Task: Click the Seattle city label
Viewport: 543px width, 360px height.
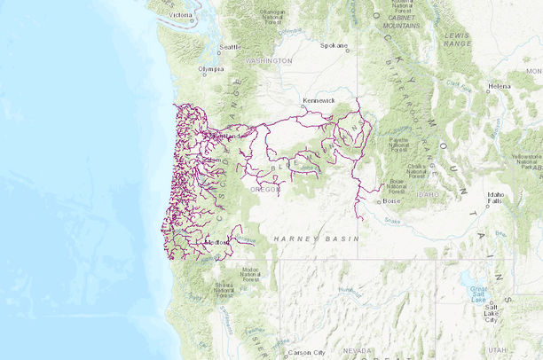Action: pos(230,47)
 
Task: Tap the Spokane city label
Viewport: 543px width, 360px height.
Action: pos(334,45)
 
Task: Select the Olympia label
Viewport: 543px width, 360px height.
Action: pos(211,68)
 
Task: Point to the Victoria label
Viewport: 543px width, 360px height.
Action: pos(180,15)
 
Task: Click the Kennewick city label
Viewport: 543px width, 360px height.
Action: pos(319,101)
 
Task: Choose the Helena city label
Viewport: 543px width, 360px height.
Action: pos(500,86)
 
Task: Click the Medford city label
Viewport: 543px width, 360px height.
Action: pos(216,241)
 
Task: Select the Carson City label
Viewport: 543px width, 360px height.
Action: pos(306,352)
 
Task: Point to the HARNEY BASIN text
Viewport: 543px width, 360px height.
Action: pos(316,239)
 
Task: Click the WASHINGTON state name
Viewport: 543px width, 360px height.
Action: pos(270,60)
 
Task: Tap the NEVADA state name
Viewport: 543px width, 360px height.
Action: pos(358,351)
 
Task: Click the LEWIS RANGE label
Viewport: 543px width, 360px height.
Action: pos(457,38)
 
